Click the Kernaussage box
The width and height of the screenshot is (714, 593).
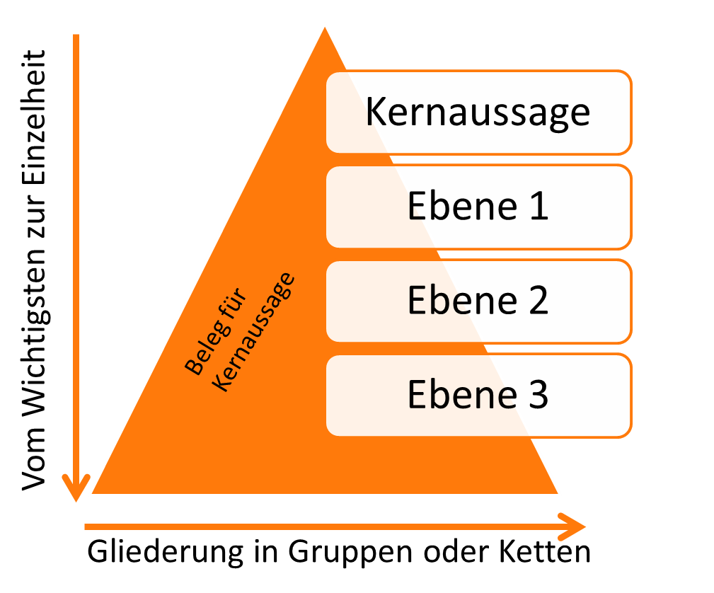pos(478,113)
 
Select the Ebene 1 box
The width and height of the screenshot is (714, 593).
pos(478,207)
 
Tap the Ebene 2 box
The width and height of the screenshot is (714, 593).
pos(478,301)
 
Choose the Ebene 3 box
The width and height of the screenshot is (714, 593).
pos(478,395)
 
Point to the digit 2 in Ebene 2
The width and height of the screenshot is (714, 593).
pos(537,301)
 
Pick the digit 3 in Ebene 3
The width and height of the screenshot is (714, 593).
pos(537,395)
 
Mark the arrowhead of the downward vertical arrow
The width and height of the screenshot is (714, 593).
pos(76,488)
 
